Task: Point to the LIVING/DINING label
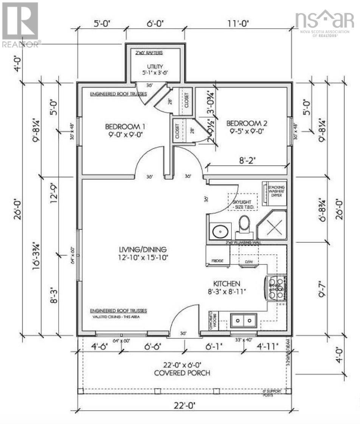tap(143, 249)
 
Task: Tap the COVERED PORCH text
tap(182, 373)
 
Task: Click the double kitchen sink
tap(244, 320)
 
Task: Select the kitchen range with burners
tap(276, 289)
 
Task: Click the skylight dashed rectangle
tap(242, 202)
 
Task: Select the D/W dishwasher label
tap(248, 261)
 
